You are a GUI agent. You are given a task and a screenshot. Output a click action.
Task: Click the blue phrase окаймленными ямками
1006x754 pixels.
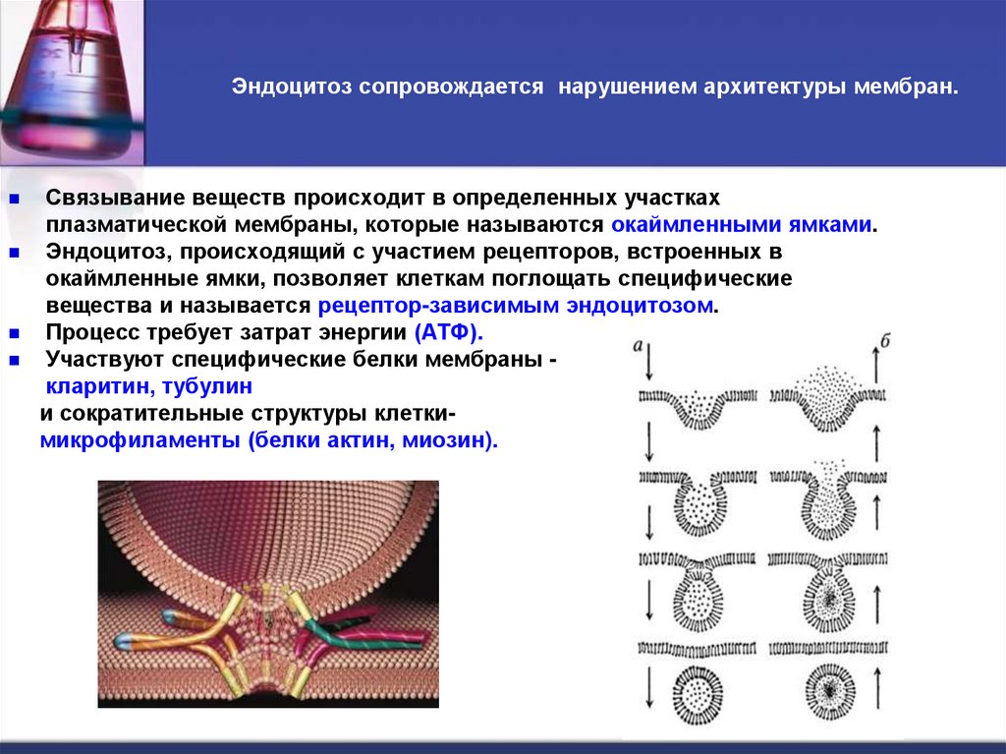click(x=749, y=224)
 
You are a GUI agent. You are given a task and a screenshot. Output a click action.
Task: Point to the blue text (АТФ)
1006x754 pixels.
click(x=448, y=331)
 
